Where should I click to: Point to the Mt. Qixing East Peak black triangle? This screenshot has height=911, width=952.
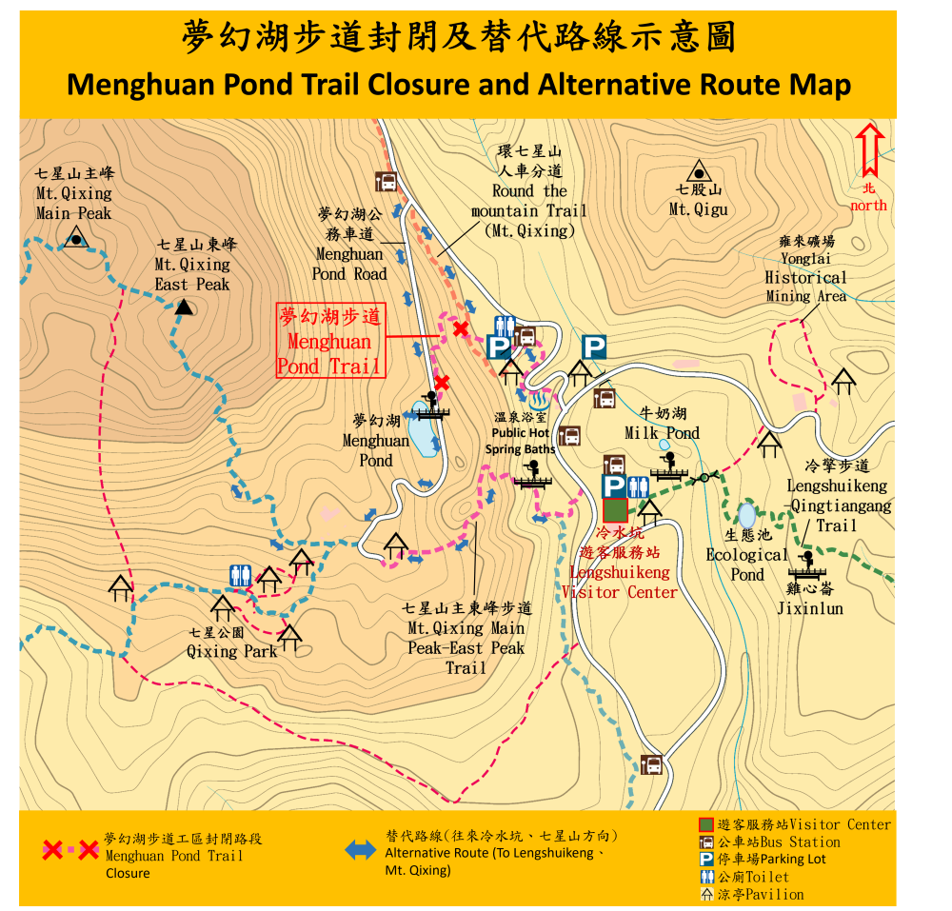tap(185, 307)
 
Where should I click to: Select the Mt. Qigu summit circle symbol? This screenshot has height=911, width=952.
tap(700, 173)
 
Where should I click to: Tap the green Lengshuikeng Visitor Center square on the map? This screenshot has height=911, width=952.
tap(615, 510)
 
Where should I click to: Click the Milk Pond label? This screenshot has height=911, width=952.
tap(662, 433)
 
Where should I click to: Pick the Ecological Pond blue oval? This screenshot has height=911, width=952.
tap(746, 515)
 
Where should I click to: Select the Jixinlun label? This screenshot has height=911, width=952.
tap(809, 608)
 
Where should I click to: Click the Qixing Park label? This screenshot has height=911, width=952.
tap(231, 651)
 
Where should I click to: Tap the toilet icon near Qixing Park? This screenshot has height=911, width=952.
tap(240, 575)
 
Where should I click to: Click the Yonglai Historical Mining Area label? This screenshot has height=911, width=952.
tap(805, 278)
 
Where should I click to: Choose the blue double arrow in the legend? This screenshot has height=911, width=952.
tap(361, 850)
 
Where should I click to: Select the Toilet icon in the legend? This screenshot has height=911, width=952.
tap(706, 877)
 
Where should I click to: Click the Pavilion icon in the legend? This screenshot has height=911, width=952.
tap(706, 894)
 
